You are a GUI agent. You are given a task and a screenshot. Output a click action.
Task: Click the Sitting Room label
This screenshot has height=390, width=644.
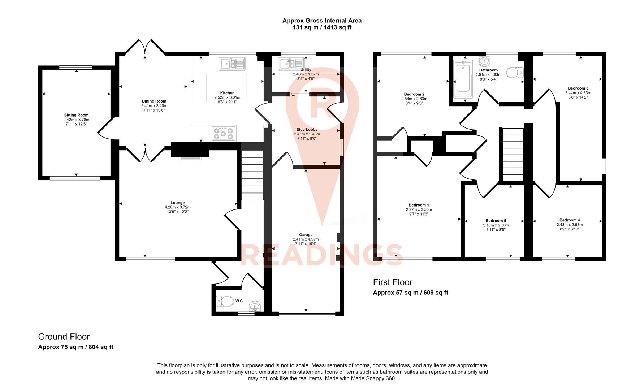[76, 115]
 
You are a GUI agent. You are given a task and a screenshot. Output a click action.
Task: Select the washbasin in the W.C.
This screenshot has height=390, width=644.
[255, 306]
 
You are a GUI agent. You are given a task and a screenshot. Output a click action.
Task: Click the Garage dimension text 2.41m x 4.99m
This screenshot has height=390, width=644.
[306, 239]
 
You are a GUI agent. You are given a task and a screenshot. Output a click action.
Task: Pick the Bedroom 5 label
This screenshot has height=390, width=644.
[496, 221]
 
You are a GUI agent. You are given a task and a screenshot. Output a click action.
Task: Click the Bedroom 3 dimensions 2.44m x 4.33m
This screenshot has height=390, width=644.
[578, 93]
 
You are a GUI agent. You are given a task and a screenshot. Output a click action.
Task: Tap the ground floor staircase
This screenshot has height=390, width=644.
[252, 175]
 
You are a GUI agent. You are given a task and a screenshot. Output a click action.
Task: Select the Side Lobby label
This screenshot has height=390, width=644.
[307, 129]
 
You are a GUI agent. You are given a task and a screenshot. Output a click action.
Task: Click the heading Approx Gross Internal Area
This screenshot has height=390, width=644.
[322, 21]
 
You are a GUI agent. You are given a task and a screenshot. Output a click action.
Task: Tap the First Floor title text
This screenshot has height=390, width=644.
[393, 282]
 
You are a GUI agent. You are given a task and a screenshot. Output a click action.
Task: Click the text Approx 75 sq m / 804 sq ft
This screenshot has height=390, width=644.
[75, 347]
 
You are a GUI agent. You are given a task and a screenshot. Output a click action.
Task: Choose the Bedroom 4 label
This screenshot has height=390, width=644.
[569, 220]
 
